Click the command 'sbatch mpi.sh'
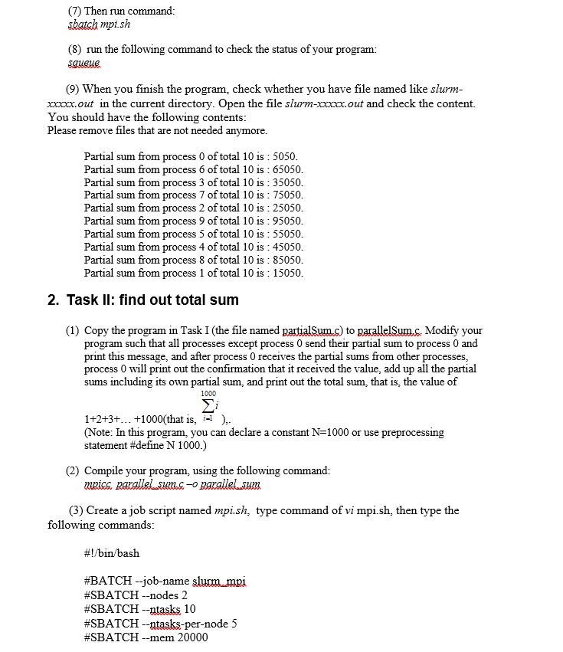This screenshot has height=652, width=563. (x=99, y=25)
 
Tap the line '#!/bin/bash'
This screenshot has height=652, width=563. (x=112, y=553)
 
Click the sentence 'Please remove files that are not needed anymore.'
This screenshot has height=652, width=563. (x=157, y=131)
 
